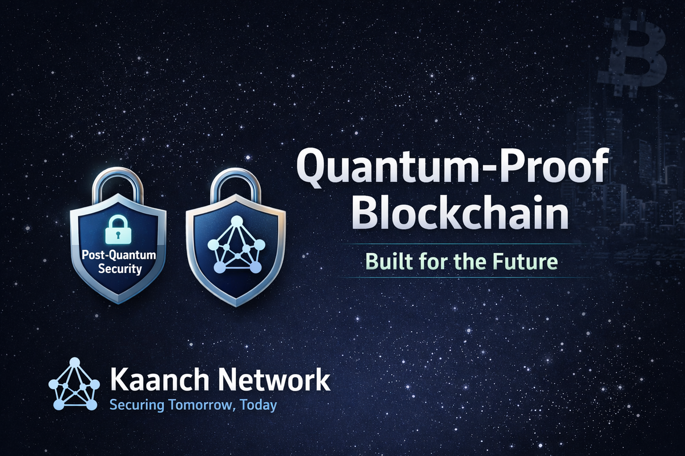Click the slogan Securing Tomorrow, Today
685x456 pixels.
193,406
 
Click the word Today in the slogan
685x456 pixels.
259,406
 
